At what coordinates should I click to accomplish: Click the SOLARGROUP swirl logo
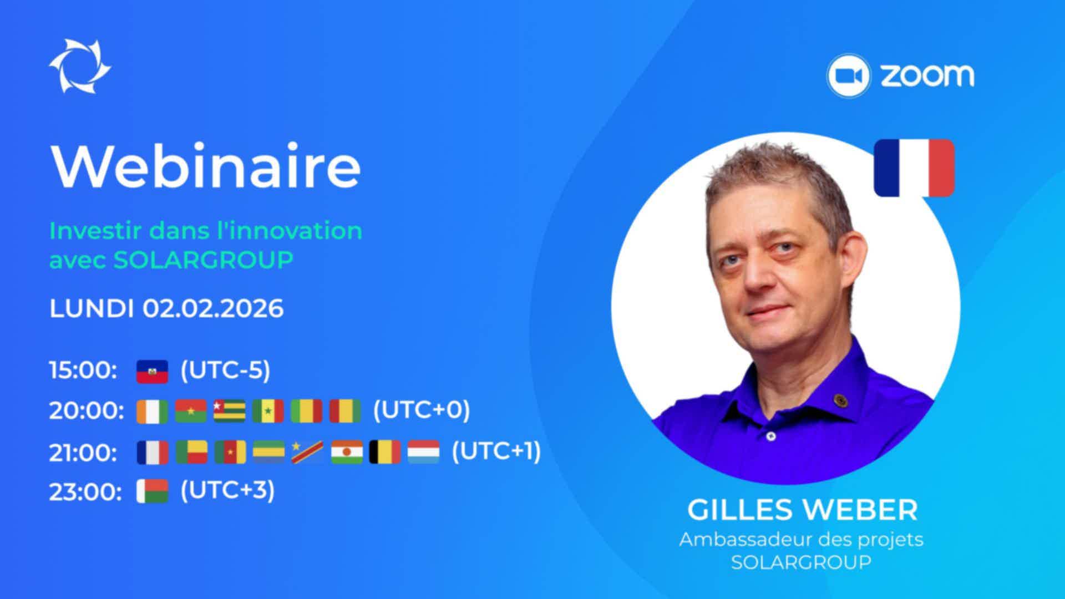pos(80,67)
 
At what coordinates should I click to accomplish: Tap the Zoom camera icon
pos(848,76)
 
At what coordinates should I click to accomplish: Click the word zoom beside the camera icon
pos(927,75)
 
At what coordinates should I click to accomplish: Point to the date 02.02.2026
pos(213,308)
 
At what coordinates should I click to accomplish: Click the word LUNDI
pos(92,308)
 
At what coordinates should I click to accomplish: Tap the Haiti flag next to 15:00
pos(152,372)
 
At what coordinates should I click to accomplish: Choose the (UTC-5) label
pos(225,370)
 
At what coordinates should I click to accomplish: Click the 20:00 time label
pos(87,412)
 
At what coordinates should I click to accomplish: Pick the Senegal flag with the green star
pos(268,412)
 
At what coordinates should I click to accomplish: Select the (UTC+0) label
pos(422,410)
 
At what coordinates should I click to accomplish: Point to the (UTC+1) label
pos(496,451)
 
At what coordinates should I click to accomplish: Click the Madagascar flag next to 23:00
pos(152,491)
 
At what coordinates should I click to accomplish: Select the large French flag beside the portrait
pos(914,167)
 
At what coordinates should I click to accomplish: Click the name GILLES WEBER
pos(802,510)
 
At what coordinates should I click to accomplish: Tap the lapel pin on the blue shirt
pos(839,399)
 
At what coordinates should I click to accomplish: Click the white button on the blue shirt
pos(771,436)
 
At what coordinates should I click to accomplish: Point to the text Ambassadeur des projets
pos(802,540)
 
